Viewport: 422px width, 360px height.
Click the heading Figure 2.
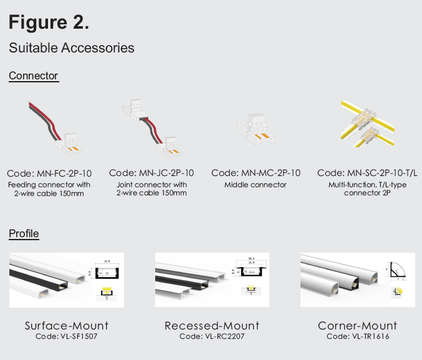[49, 22]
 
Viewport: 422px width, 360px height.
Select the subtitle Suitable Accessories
[71, 47]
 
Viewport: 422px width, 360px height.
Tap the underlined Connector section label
[33, 76]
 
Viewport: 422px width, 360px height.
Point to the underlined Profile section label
[24, 234]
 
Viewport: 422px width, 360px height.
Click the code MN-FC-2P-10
[49, 173]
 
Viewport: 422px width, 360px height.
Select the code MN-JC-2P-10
[151, 173]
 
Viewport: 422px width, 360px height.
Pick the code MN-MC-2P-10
[256, 173]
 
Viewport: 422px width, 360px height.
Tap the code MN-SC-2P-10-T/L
[367, 173]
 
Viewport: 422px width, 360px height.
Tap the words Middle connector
[256, 185]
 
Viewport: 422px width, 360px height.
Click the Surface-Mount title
[67, 326]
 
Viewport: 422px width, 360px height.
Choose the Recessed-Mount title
[212, 326]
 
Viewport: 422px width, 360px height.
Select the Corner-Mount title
[357, 326]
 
